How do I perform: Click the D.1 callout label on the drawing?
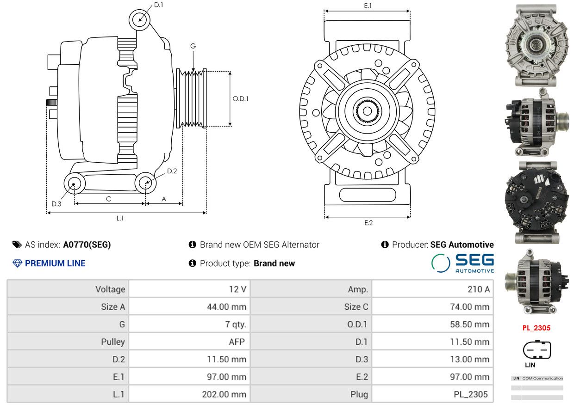click(159, 5)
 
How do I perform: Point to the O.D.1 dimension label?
click(240, 99)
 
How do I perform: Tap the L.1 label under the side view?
click(120, 218)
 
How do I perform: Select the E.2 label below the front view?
click(368, 223)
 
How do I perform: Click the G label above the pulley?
click(193, 46)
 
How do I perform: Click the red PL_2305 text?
click(537, 328)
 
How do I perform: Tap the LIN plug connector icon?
click(537, 349)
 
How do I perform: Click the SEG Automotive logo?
click(462, 263)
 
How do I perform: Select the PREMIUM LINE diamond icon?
click(17, 263)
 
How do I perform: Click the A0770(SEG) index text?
click(87, 244)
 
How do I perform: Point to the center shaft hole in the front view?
click(368, 111)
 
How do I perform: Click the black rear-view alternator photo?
click(537, 202)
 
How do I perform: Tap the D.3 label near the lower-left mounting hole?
click(56, 204)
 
